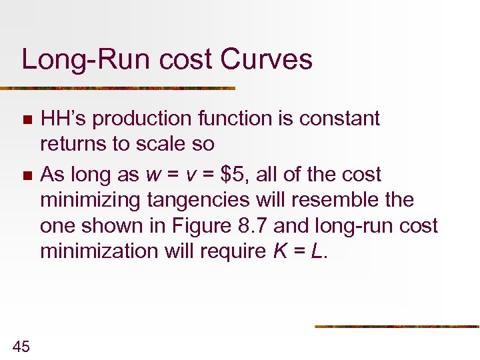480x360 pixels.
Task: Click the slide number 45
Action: (x=21, y=345)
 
